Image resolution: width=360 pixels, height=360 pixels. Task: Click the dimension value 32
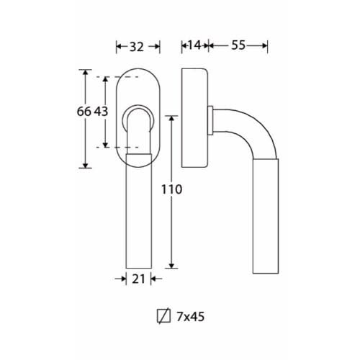pyautogui.click(x=137, y=47)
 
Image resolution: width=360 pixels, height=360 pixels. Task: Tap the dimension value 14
pyautogui.click(x=194, y=45)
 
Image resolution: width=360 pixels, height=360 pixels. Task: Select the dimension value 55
pyautogui.click(x=238, y=45)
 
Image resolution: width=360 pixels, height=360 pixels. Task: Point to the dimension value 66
pyautogui.click(x=84, y=112)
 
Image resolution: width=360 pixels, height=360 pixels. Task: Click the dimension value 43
pyautogui.click(x=101, y=112)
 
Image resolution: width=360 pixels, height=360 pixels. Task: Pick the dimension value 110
pyautogui.click(x=171, y=189)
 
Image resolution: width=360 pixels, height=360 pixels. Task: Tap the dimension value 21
pyautogui.click(x=138, y=279)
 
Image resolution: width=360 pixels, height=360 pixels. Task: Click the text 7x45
pyautogui.click(x=191, y=317)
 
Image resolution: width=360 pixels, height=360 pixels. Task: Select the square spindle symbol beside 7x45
pyautogui.click(x=163, y=316)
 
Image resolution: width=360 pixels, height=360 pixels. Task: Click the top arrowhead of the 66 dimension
pyautogui.click(x=85, y=72)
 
